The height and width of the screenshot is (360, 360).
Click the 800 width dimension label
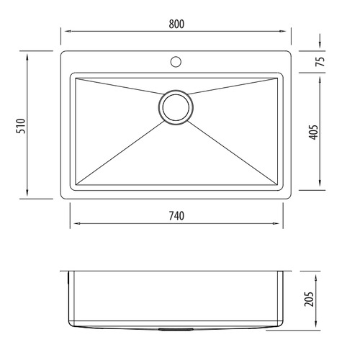point(177,23)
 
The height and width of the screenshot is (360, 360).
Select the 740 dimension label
point(177,216)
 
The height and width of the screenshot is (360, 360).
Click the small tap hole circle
point(176,61)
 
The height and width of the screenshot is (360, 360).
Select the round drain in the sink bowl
point(176,107)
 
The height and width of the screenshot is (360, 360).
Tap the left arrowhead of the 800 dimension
point(63,32)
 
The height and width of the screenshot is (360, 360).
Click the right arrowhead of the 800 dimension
point(289,32)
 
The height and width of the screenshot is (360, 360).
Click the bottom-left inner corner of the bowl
point(76,184)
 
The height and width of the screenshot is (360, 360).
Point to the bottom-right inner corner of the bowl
point(277,184)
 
